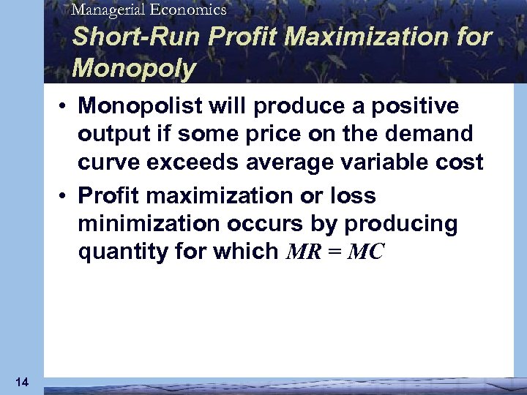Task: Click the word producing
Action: (397, 224)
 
